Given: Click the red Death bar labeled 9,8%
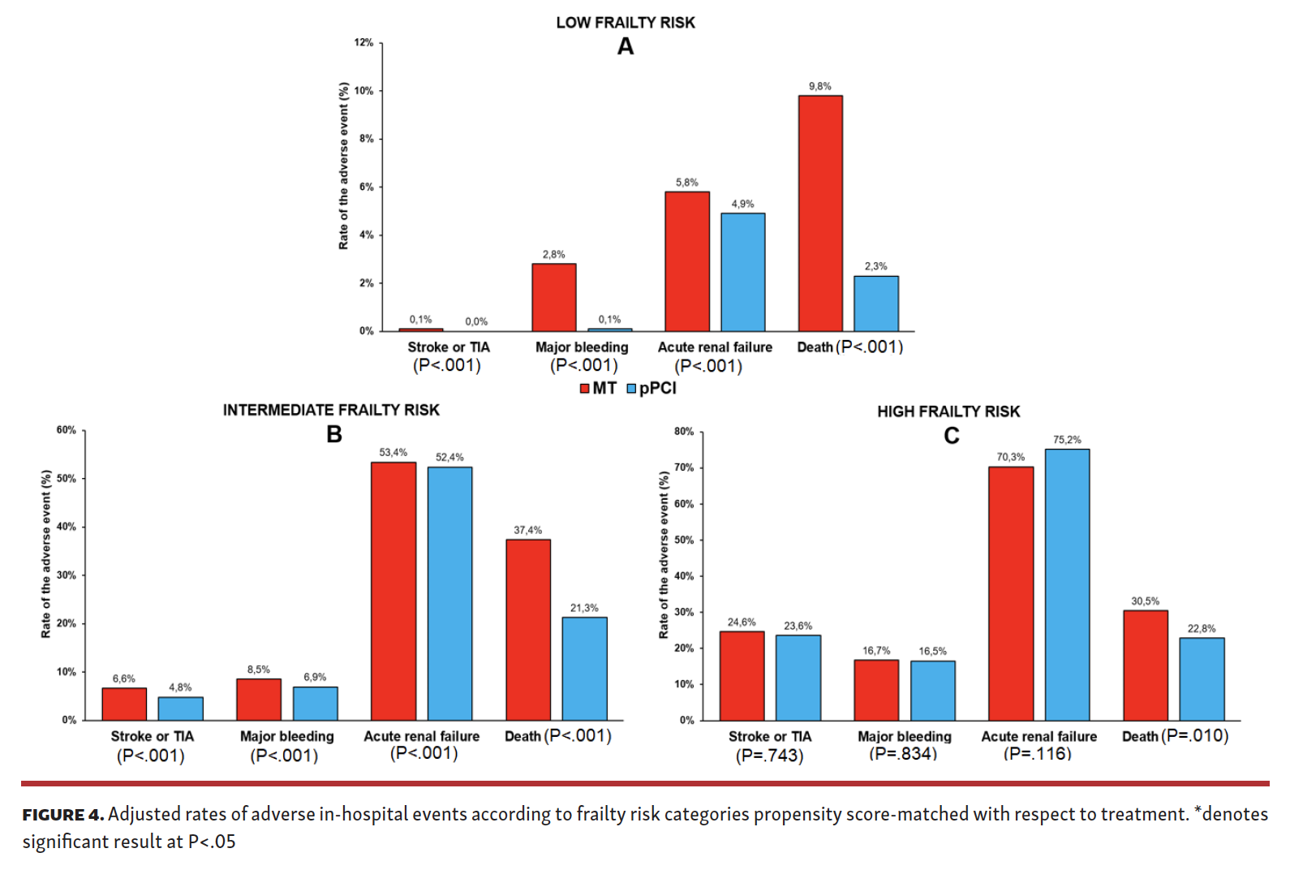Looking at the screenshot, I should click(819, 213).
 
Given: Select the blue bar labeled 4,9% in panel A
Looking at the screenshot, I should click(742, 272).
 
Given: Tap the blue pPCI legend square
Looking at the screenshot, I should click(632, 389).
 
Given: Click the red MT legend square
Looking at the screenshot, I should click(584, 389).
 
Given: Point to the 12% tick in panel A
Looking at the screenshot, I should click(363, 42).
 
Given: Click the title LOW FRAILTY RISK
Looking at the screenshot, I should click(625, 23).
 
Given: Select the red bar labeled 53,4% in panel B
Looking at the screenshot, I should click(393, 591).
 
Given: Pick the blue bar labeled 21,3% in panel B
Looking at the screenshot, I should click(584, 669).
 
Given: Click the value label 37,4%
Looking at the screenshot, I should click(527, 530).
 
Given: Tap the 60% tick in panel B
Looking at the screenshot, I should click(66, 430).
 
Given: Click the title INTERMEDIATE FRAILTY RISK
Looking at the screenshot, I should click(331, 410).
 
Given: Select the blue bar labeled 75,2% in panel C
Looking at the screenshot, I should click(1067, 584).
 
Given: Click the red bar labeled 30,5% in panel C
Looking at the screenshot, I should click(1145, 665).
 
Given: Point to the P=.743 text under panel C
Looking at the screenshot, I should click(769, 756).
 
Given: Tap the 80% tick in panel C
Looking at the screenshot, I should click(684, 432).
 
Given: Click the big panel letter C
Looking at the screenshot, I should click(951, 436).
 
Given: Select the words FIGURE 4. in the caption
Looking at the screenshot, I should click(62, 815).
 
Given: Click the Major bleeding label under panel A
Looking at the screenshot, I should click(582, 347).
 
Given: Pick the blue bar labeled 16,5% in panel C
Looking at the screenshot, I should click(932, 691).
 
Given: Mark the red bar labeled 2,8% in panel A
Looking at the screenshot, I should click(553, 297).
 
